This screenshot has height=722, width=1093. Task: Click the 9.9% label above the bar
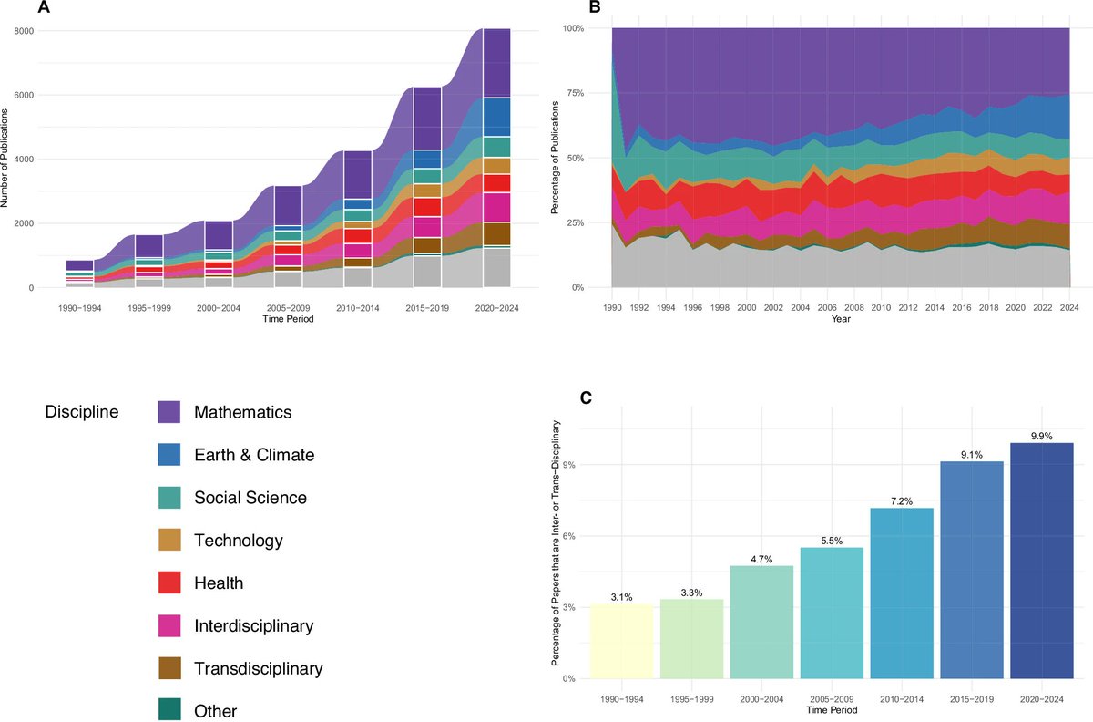click(1041, 437)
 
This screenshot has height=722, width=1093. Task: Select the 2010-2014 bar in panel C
click(902, 593)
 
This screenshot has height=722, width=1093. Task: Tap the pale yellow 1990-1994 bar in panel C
click(621, 641)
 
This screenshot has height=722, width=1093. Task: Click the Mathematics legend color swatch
click(169, 412)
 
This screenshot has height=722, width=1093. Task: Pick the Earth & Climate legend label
click(254, 455)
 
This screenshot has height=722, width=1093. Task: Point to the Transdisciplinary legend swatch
click(169, 668)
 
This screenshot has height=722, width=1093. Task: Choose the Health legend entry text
click(219, 583)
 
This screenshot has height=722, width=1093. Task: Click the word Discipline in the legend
click(82, 411)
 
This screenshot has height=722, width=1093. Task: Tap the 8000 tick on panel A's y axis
click(24, 31)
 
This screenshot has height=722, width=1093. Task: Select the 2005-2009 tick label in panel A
click(288, 308)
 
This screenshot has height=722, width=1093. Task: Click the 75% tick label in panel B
click(575, 93)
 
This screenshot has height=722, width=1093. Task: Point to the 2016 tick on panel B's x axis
click(962, 308)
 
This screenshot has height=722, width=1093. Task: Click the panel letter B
click(595, 7)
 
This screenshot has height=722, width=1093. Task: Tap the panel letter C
click(586, 398)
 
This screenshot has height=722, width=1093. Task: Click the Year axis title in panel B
click(841, 319)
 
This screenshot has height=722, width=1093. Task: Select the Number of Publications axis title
click(5, 159)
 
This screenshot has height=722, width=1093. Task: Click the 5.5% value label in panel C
click(832, 541)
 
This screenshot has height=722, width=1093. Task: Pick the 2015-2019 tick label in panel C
click(972, 699)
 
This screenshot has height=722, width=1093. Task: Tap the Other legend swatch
click(169, 710)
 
